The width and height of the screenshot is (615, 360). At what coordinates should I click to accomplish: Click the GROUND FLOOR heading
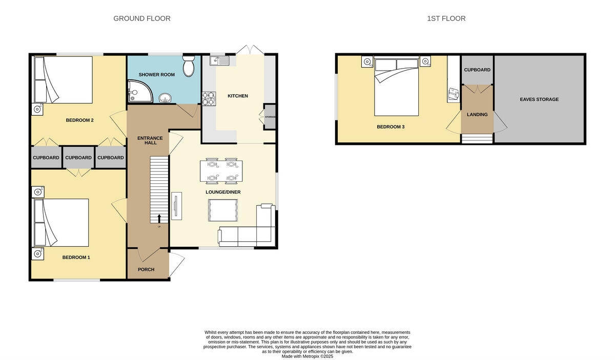pyautogui.click(x=141, y=18)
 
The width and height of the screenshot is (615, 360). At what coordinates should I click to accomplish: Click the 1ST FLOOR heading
pyautogui.click(x=446, y=18)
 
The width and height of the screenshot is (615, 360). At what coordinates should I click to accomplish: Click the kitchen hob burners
pyautogui.click(x=209, y=98)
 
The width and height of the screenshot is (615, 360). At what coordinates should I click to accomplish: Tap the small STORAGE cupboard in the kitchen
pyautogui.click(x=270, y=117)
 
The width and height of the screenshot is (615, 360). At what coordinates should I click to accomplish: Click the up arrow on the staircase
pyautogui.click(x=159, y=219)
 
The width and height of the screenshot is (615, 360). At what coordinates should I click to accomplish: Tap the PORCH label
pyautogui.click(x=146, y=269)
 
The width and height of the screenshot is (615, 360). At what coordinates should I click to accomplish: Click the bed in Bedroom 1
pyautogui.click(x=61, y=223)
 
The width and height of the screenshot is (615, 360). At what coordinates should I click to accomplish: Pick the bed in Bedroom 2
pyautogui.click(x=63, y=80)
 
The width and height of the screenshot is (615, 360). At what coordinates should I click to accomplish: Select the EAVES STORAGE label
pyautogui.click(x=539, y=99)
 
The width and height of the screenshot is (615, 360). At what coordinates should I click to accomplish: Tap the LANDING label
pyautogui.click(x=477, y=115)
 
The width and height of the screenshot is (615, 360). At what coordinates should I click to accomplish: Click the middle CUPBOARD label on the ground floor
pyautogui.click(x=78, y=158)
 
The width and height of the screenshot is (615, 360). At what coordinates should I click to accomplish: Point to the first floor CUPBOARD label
pyautogui.click(x=477, y=70)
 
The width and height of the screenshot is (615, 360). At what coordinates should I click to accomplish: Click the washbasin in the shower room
pyautogui.click(x=165, y=97)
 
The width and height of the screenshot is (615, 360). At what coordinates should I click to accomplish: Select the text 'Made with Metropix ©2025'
pyautogui.click(x=307, y=356)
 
